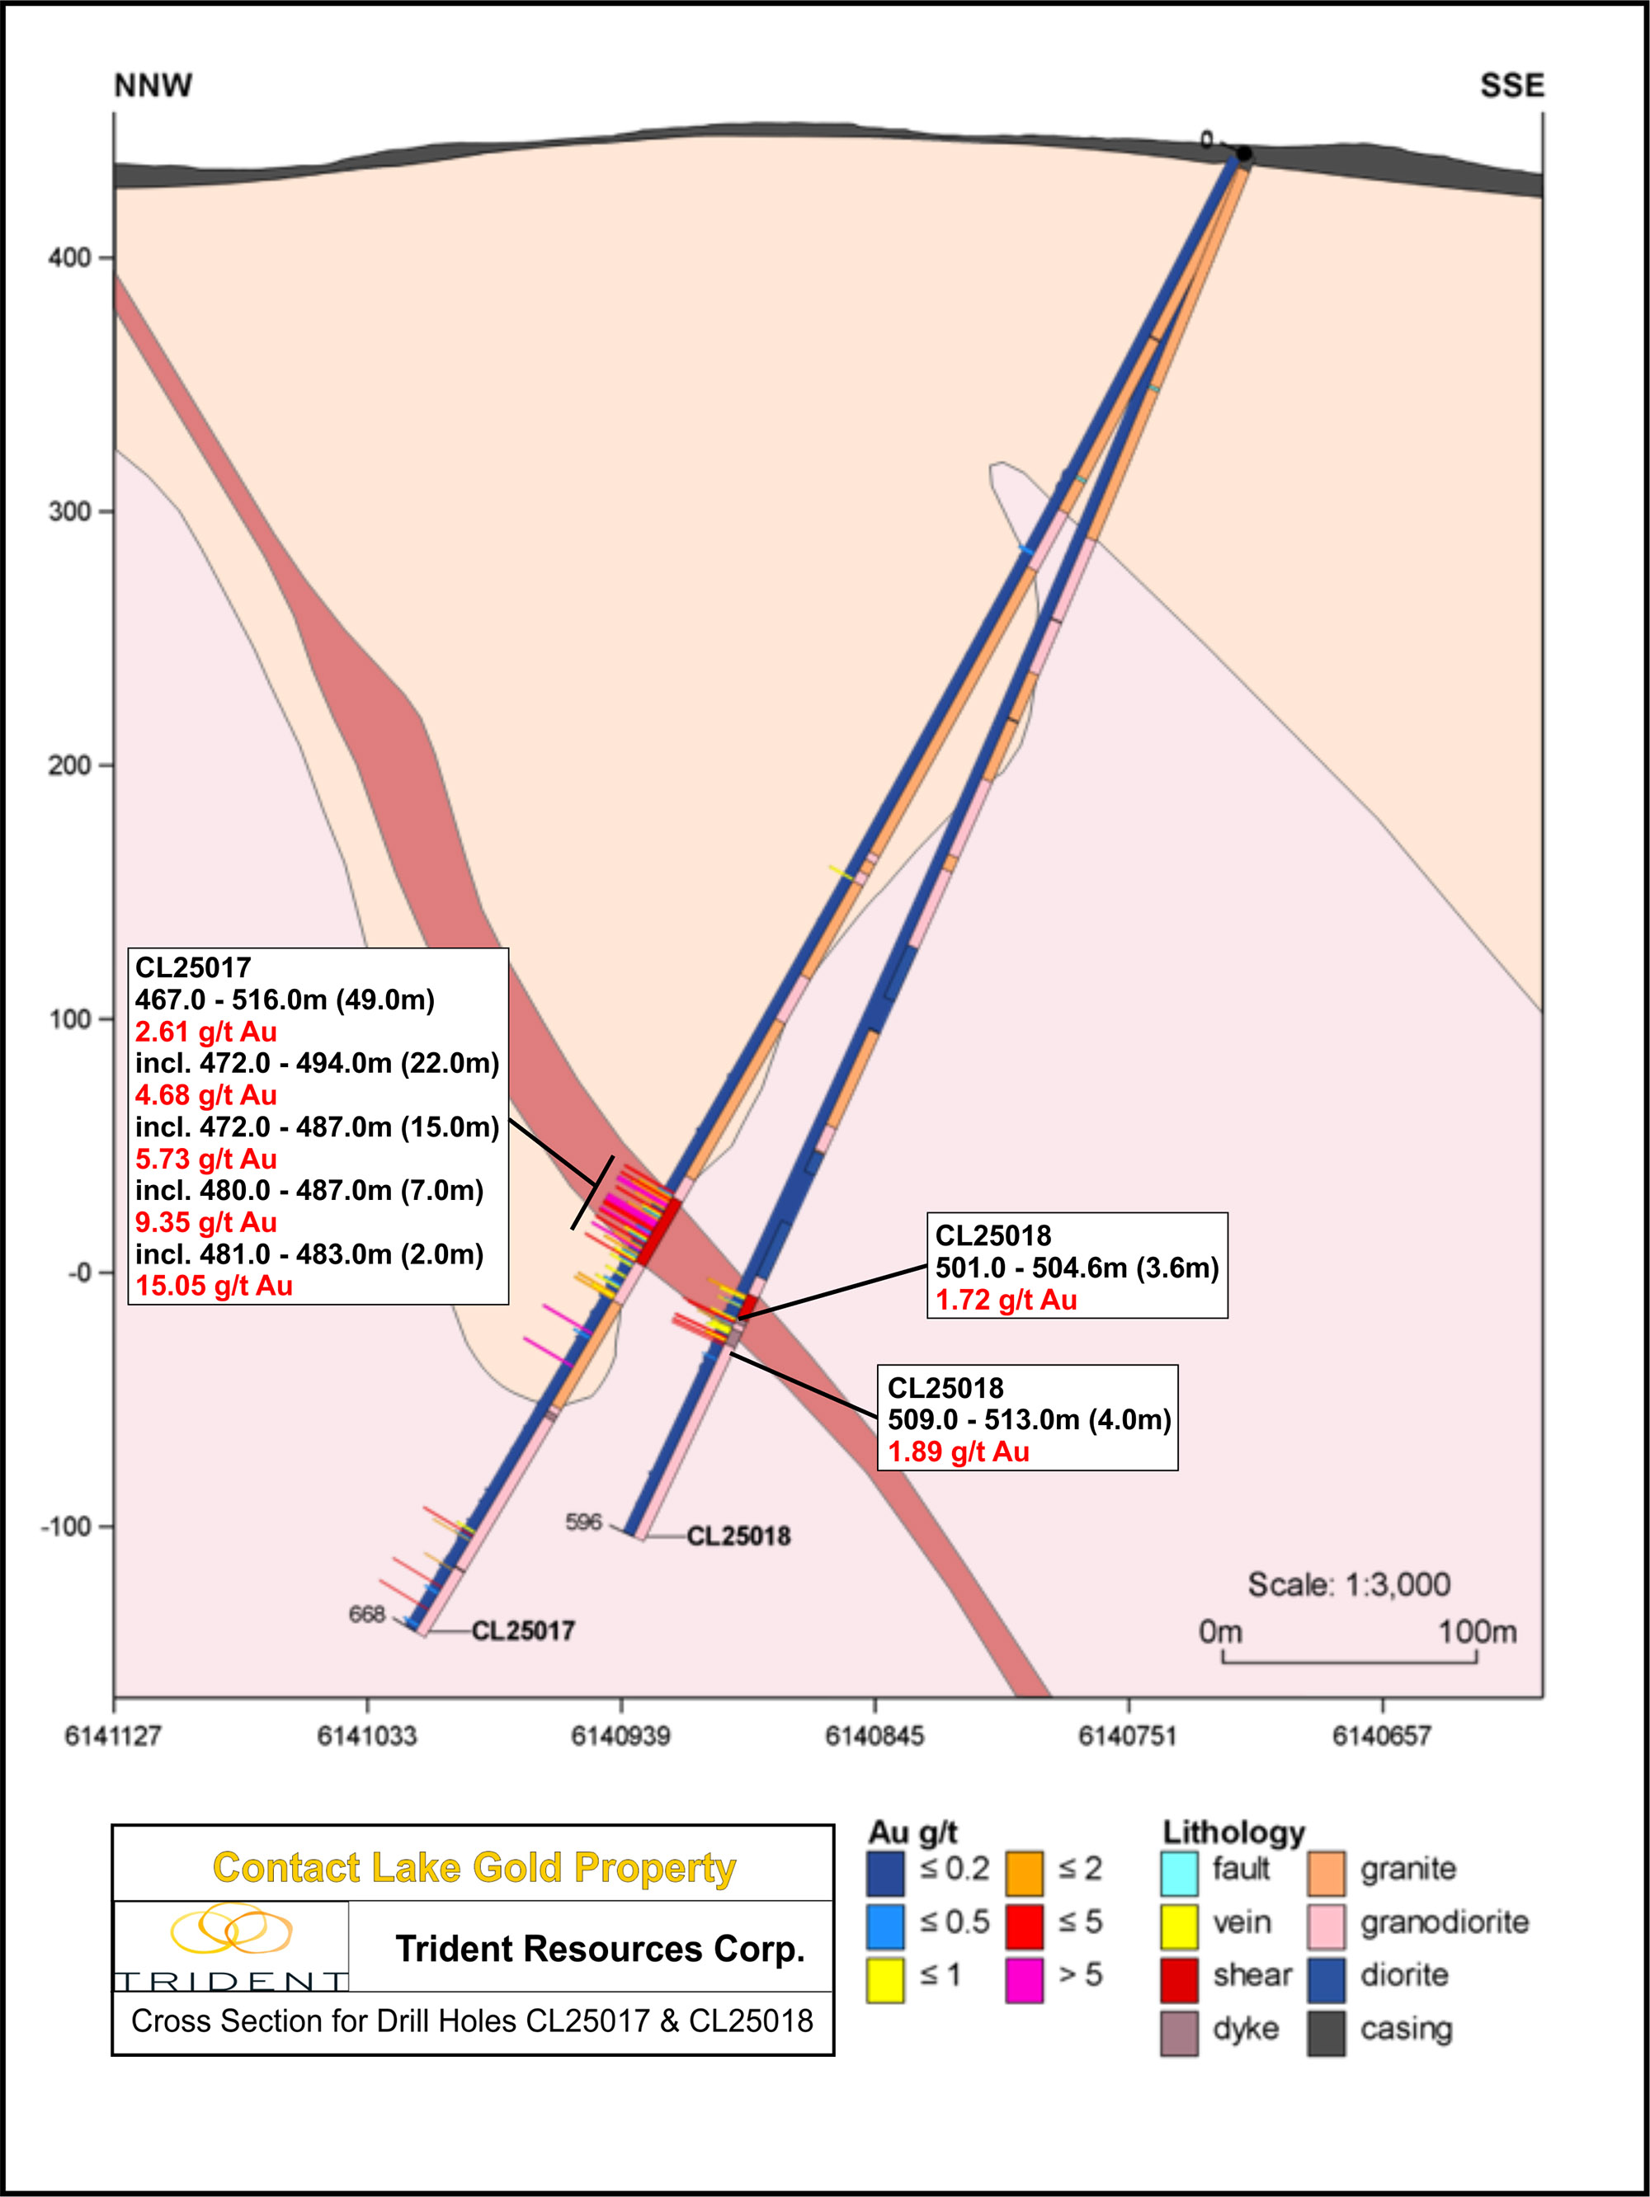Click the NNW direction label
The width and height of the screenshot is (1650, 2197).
point(153,87)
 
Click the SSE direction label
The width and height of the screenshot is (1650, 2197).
point(1511,87)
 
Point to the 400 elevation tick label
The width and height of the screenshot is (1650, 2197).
point(68,258)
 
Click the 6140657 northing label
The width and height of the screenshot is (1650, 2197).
point(1381,1735)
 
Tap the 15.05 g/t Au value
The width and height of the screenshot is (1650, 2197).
point(214,1287)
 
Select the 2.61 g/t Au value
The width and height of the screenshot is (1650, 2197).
point(205,1032)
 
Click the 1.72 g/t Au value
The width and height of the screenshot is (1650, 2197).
point(1006,1300)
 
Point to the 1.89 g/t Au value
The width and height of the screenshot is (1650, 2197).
point(958,1452)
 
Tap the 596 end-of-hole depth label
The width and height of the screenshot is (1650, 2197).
point(583,1522)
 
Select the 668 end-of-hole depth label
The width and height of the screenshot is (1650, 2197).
point(366,1614)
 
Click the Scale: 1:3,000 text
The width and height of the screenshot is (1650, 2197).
point(1348,1584)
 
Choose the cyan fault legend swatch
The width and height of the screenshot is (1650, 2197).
point(1179,1870)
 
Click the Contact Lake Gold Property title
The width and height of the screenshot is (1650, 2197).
point(474,1867)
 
